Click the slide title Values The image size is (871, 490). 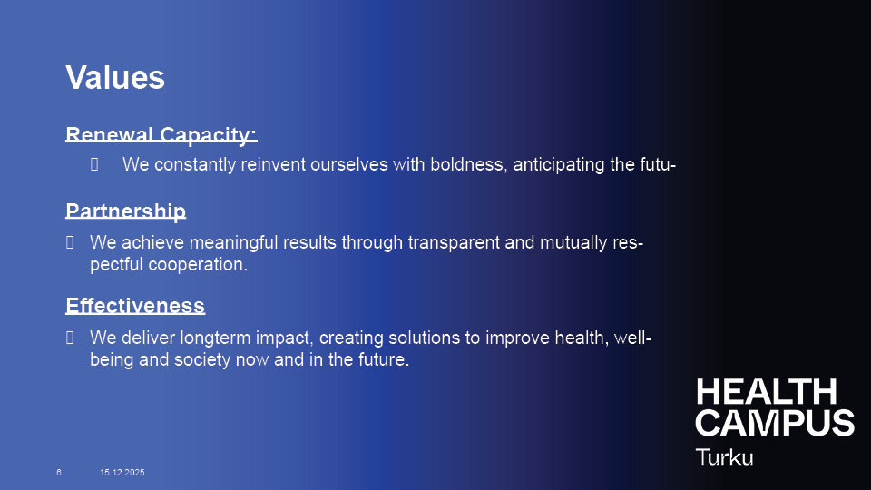coord(115,77)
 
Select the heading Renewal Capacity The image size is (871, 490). coord(161,135)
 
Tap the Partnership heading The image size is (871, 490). coord(125,211)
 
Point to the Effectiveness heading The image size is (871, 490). coord(135,306)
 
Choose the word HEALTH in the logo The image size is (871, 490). coord(767,392)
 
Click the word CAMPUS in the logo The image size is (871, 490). coord(775,424)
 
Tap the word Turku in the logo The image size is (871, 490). coord(724,457)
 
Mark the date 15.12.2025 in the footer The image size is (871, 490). coord(122,472)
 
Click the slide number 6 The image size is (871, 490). coord(59,472)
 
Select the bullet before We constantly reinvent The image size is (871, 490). coord(94,164)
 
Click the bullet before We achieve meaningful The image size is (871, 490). coord(70,242)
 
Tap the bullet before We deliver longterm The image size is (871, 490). coord(70,338)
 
